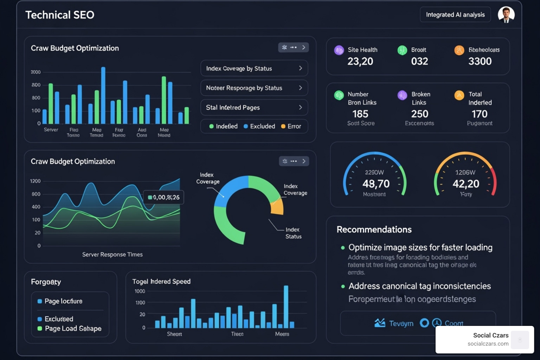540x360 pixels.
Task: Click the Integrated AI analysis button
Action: point(455,15)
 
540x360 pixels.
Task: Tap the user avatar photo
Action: point(506,15)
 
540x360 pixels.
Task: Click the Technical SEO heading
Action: point(60,15)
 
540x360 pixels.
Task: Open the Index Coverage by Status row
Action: point(254,68)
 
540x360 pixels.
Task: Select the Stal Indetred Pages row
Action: point(254,108)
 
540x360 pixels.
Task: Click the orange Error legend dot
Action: point(283,127)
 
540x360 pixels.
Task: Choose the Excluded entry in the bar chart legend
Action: point(259,127)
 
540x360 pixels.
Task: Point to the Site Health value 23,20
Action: point(360,62)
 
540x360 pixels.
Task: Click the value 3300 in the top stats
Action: point(480,62)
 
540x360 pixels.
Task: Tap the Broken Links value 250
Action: point(419,114)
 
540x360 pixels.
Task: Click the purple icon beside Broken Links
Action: point(402,95)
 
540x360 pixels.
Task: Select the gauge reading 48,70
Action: point(376,184)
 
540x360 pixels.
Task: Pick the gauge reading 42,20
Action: point(466,184)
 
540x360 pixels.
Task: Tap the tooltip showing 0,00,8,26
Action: point(164,198)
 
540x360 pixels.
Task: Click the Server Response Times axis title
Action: point(112,255)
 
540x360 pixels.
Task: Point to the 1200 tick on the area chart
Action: point(35,181)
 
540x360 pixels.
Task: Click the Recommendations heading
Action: point(374,230)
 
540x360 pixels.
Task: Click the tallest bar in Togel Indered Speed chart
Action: point(286,307)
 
